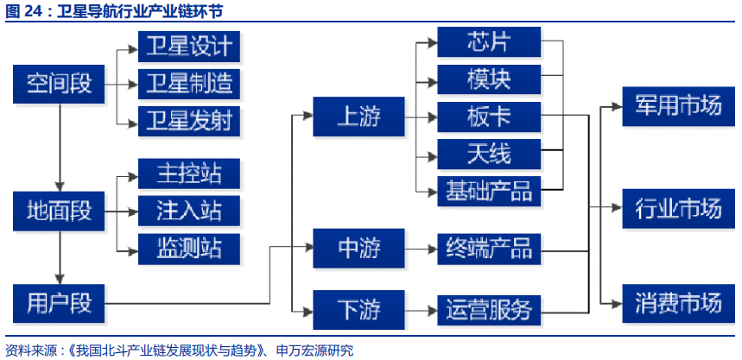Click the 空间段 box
pos(59,83)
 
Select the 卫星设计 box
pos(188,47)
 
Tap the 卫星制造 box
pos(188,84)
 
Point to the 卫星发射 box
pos(188,120)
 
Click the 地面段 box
pos(59,210)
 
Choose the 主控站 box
pos(188,174)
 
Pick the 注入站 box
pos(188,210)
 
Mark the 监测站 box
pos(188,247)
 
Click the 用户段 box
pos(59,302)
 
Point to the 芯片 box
pos(489,42)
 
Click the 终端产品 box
pos(489,248)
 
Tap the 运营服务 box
pos(489,307)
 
